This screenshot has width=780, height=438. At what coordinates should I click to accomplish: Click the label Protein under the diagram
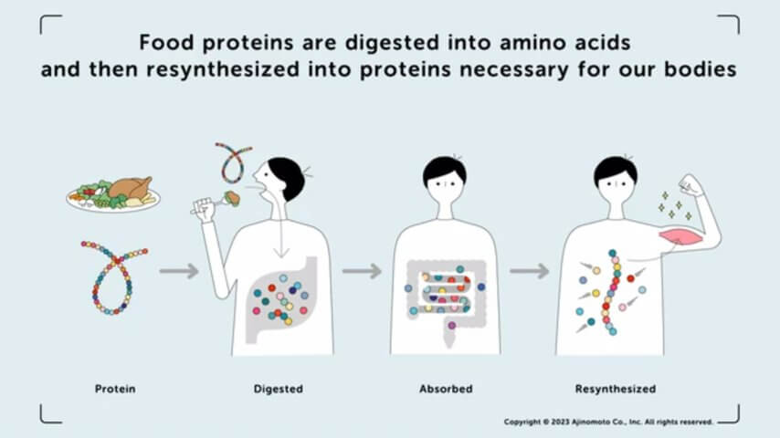(x=115, y=389)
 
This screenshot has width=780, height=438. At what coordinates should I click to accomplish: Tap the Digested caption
(x=278, y=389)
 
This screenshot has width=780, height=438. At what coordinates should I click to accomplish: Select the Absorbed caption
(x=446, y=389)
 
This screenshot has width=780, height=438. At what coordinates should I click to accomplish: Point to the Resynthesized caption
(x=616, y=389)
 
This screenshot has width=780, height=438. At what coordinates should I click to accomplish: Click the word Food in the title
(x=166, y=43)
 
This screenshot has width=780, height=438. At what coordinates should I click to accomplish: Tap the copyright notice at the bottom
(x=608, y=422)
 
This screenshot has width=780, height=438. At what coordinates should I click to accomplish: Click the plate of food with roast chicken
(x=113, y=194)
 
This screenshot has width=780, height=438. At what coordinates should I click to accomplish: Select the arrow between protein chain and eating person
(x=179, y=271)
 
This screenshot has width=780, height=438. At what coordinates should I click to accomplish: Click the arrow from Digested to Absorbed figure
(x=362, y=271)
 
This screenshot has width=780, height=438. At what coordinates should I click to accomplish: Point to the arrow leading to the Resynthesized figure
(x=530, y=271)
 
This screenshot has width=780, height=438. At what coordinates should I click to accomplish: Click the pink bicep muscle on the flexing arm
(x=680, y=235)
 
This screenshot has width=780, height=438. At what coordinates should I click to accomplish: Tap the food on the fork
(x=231, y=198)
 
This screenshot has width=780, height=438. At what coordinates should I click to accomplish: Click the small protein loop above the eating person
(x=233, y=162)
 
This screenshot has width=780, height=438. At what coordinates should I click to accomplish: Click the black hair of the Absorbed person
(x=444, y=170)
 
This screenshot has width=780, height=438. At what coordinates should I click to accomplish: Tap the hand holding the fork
(x=204, y=209)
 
